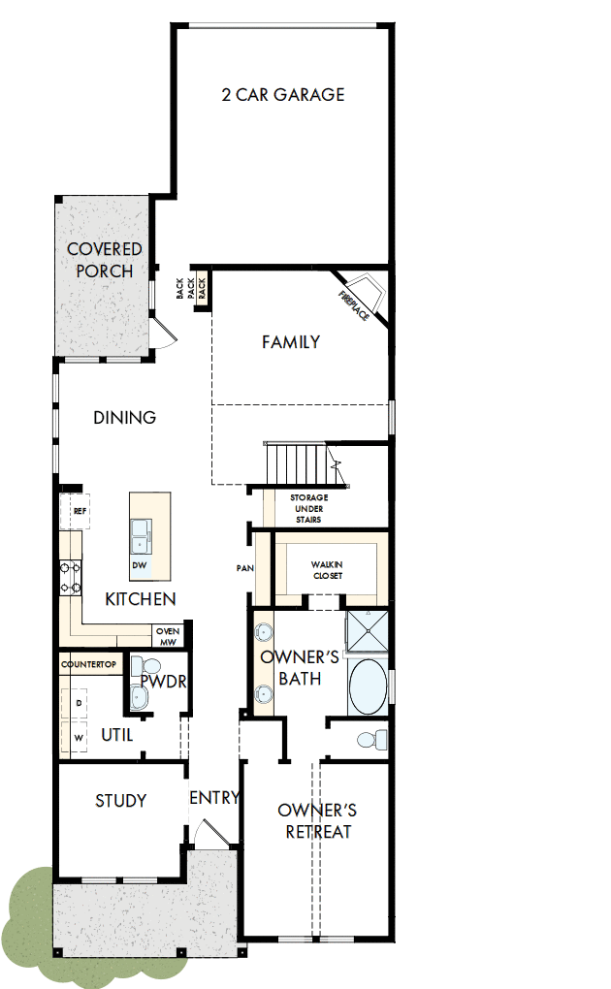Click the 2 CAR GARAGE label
coord(282,94)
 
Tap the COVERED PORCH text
coord(104,261)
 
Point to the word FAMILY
coord(291,341)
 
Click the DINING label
coord(125,418)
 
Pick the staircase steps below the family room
coord(296,458)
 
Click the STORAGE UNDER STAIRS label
coord(308,508)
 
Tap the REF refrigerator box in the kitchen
coord(79,509)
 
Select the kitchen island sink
coord(142,531)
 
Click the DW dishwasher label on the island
coord(140,565)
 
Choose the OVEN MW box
coord(168,636)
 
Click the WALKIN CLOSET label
coord(327,569)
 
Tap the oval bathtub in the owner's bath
coord(368,686)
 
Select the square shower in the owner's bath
coord(368,633)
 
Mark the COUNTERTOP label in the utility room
coord(88,664)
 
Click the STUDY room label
coord(120,800)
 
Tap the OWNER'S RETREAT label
coord(317,820)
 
